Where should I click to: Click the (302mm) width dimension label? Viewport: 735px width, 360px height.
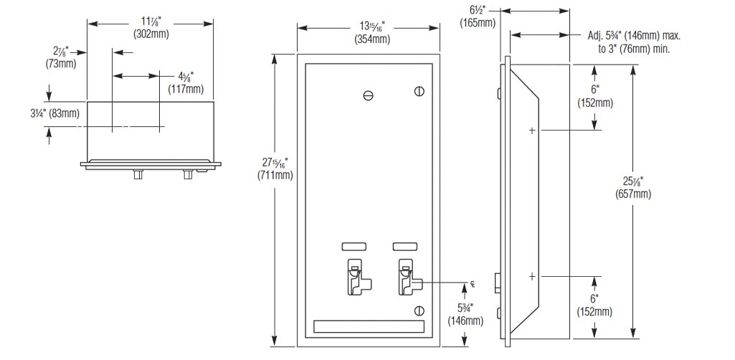point(151,34)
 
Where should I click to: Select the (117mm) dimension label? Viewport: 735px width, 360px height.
point(186,90)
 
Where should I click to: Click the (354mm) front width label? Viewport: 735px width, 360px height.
point(372,39)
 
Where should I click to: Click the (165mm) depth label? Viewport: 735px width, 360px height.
point(477,22)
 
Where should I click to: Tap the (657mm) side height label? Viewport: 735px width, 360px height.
point(633,194)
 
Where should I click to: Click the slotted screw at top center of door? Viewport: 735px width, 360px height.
point(368,95)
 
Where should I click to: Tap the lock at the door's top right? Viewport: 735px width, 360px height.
point(419,91)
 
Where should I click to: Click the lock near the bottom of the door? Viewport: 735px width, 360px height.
point(419,310)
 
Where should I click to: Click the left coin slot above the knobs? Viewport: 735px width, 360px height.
point(353,246)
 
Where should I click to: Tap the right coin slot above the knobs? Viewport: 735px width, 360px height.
point(404,246)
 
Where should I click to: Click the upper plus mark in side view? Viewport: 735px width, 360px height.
point(532,130)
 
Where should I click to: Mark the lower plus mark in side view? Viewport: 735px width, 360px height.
point(532,275)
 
